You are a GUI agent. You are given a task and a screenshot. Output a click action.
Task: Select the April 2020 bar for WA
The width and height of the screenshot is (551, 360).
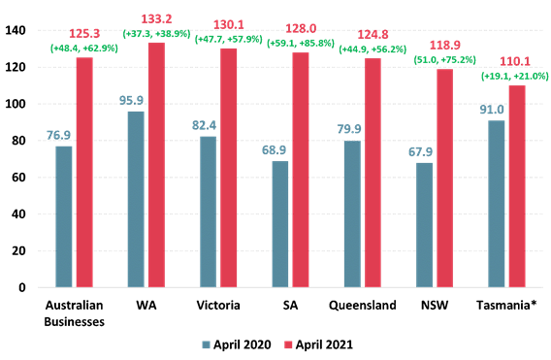tap(138, 199)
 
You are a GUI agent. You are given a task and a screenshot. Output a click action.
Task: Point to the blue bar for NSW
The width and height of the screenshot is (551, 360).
tap(425, 225)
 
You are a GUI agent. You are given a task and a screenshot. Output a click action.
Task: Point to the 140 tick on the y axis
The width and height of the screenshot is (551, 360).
tap(15, 31)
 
